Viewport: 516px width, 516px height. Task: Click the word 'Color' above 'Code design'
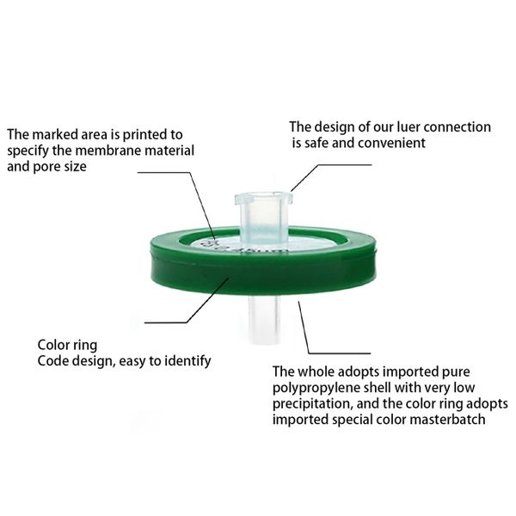pos(51,345)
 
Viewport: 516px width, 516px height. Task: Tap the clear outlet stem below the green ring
pos(264,318)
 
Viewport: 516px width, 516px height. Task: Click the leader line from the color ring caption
pos(187,300)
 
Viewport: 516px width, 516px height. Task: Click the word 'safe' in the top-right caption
pos(316,143)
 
